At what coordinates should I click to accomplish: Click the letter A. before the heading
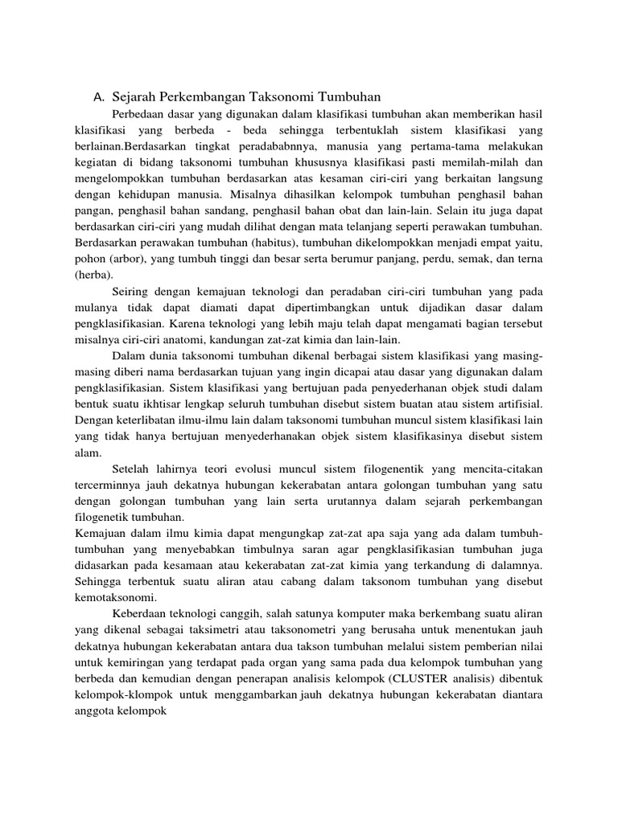click(99, 97)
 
